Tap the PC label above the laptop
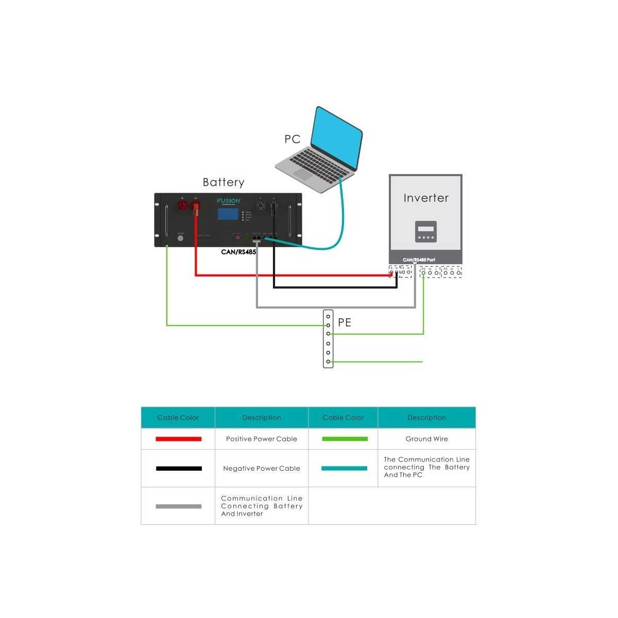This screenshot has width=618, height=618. coord(292,139)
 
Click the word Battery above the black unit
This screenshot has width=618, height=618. coord(223,182)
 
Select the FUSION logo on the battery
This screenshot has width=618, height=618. coord(228,201)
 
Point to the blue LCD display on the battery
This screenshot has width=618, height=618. coord(228,214)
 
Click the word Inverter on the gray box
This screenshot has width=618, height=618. coord(426,198)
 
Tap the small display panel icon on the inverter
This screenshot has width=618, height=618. coord(426,231)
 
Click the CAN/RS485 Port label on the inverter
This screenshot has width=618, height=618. coord(419,260)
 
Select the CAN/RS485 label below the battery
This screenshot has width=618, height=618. coord(238,252)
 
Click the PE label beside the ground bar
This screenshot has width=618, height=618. coord(345,322)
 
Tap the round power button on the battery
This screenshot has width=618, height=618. coord(180,238)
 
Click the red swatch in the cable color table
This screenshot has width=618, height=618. coord(178,439)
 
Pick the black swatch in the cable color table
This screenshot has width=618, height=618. coord(178,468)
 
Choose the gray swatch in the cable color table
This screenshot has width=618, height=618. coord(178,506)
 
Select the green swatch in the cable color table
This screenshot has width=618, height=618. coord(344,439)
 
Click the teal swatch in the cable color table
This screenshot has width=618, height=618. coord(344,468)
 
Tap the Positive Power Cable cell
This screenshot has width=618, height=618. coord(262,439)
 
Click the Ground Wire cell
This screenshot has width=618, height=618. coord(426,439)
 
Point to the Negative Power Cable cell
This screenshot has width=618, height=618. coord(262,468)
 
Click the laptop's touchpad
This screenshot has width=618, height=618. coord(303,174)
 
